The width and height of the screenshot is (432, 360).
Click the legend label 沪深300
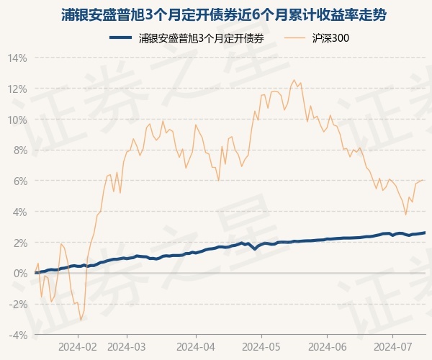pyautogui.click(x=332, y=39)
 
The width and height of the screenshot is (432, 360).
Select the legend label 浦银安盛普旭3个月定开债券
pyautogui.click(x=201, y=39)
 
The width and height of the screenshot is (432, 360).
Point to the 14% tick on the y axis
pyautogui.click(x=18, y=58)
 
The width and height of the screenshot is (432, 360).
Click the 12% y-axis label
pyautogui.click(x=18, y=89)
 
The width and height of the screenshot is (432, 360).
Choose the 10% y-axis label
pyautogui.click(x=18, y=120)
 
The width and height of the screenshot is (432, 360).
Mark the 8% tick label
pyautogui.click(x=20, y=150)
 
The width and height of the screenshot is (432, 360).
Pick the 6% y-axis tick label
pyautogui.click(x=20, y=181)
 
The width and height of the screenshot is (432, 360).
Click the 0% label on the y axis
pyautogui.click(x=20, y=274)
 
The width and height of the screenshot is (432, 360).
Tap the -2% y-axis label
pyautogui.click(x=18, y=305)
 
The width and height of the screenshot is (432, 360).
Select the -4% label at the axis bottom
pyautogui.click(x=18, y=335)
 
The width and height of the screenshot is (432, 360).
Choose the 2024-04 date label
pyautogui.click(x=196, y=346)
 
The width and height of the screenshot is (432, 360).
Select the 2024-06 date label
pyautogui.click(x=328, y=346)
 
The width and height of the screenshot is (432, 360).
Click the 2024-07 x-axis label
pyautogui.click(x=392, y=346)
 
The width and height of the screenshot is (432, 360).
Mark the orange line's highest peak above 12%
pyautogui.click(x=294, y=80)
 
